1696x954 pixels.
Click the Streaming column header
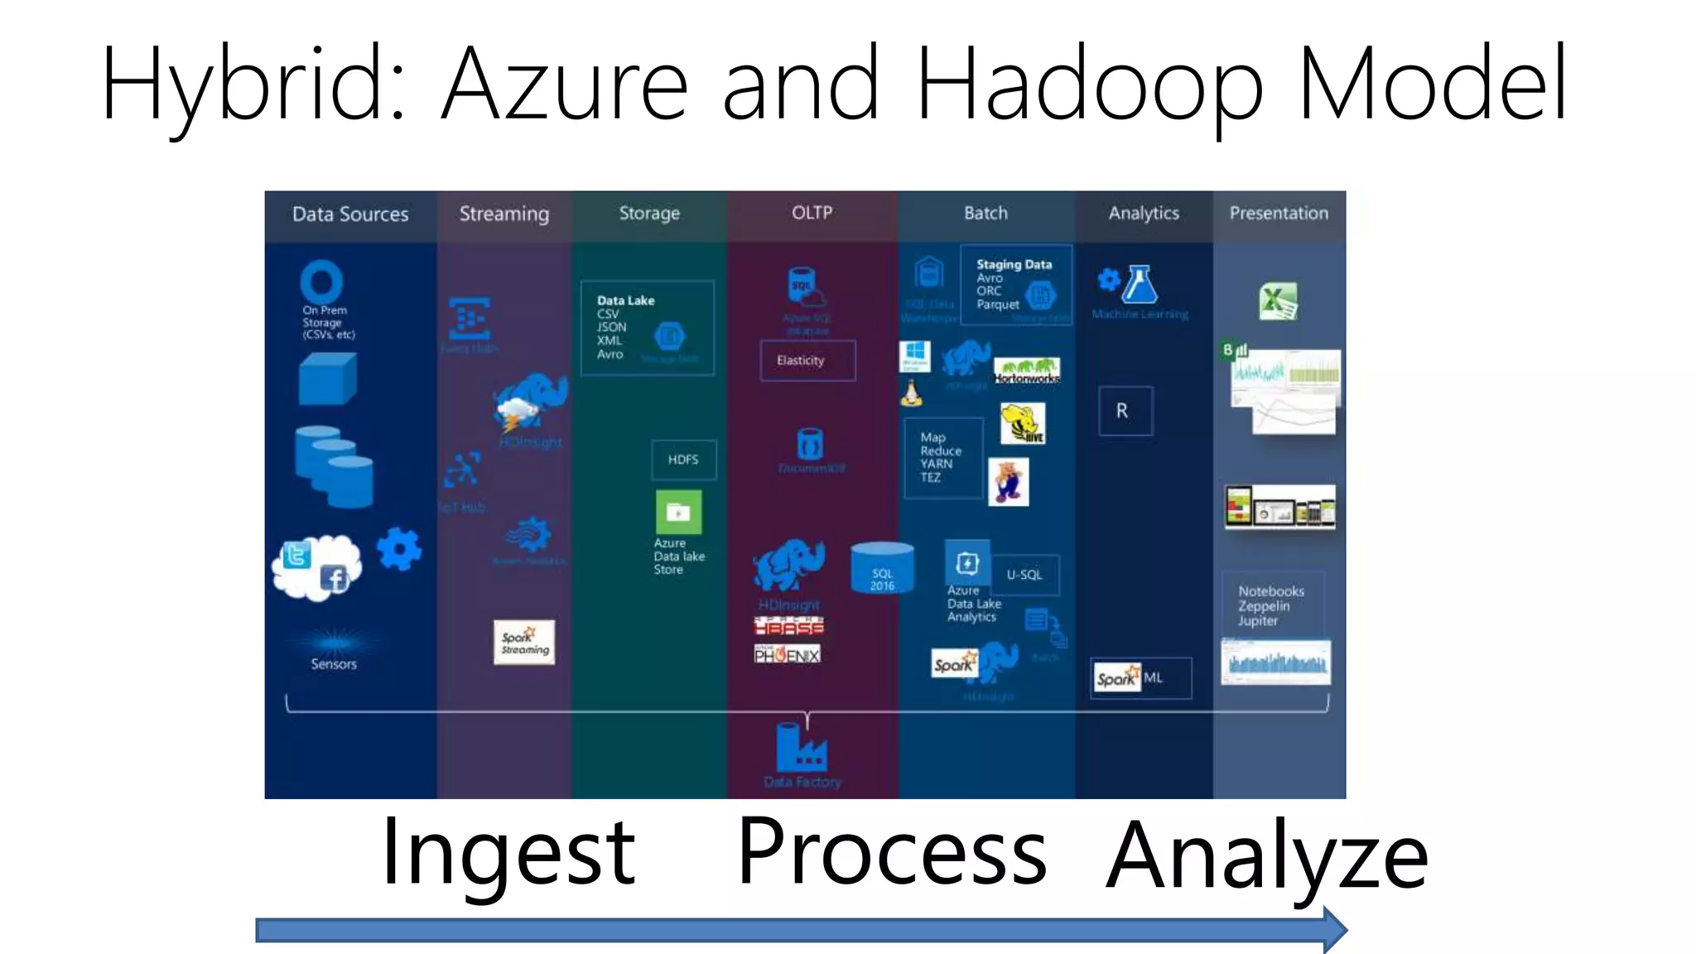pyautogui.click(x=503, y=214)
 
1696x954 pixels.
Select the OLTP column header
pyautogui.click(x=812, y=213)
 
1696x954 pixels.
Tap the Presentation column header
pyautogui.click(x=1279, y=214)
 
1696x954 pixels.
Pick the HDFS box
pyautogui.click(x=683, y=460)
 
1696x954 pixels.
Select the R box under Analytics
pyautogui.click(x=1125, y=411)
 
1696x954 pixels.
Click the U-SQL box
pyautogui.click(x=1024, y=575)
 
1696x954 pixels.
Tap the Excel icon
pyautogui.click(x=1278, y=301)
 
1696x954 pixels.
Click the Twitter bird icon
pyautogui.click(x=296, y=555)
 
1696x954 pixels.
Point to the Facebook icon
pyautogui.click(x=335, y=578)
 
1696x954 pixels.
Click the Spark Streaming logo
pyautogui.click(x=524, y=643)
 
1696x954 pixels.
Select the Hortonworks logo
pyautogui.click(x=1026, y=369)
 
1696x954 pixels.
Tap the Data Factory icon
pyautogui.click(x=801, y=747)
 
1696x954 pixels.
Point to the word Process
pyautogui.click(x=892, y=851)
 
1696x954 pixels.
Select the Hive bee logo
pyautogui.click(x=1023, y=423)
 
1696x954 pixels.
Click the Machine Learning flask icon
pyautogui.click(x=1139, y=285)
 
